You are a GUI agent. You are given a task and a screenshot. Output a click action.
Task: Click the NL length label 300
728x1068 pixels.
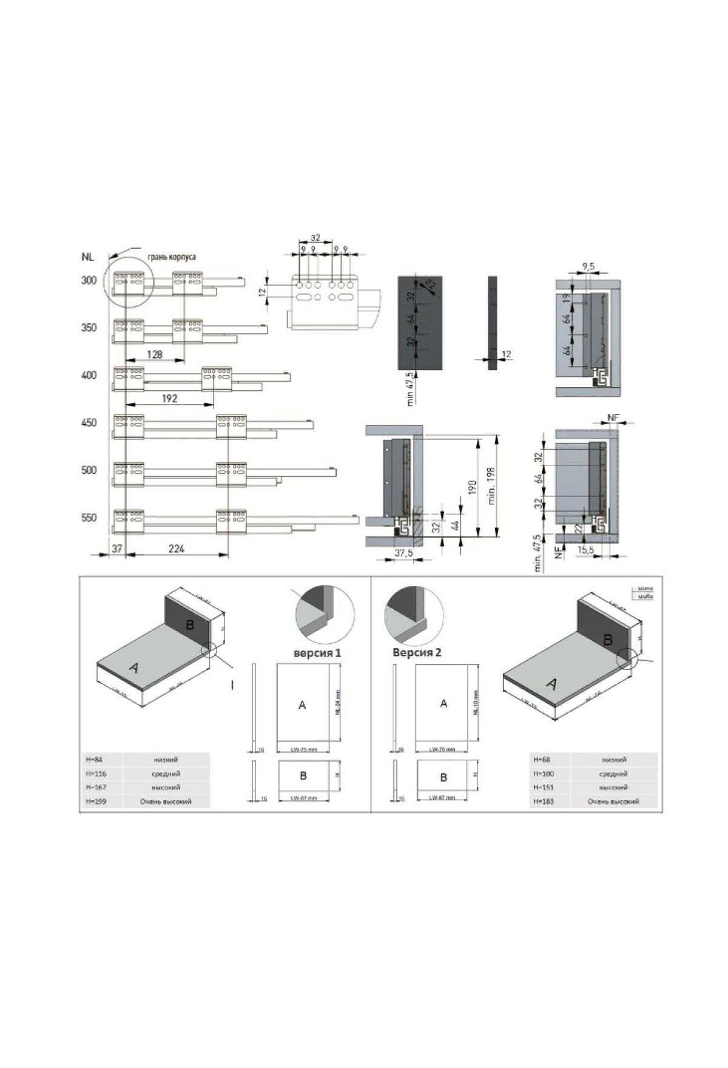(x=89, y=280)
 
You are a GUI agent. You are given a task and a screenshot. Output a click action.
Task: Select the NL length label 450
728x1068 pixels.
(x=89, y=423)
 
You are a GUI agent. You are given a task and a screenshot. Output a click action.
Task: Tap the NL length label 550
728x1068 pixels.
(x=89, y=518)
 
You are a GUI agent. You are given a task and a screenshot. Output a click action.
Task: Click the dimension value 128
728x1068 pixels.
(x=155, y=354)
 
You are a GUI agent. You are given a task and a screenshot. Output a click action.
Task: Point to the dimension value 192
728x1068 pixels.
(x=169, y=398)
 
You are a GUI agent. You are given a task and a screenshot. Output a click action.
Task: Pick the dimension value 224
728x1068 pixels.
(x=176, y=549)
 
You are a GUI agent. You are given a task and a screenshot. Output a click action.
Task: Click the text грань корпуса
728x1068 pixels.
(x=172, y=257)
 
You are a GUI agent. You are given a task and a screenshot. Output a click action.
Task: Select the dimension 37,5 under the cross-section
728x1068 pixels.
(x=403, y=553)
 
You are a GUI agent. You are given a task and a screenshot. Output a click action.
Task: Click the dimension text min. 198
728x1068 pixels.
(x=491, y=485)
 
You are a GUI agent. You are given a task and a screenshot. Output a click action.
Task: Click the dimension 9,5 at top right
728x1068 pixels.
(x=587, y=266)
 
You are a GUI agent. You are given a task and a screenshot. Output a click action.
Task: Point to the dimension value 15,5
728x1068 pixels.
(x=585, y=550)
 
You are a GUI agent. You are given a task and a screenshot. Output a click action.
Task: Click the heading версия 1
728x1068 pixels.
(x=317, y=653)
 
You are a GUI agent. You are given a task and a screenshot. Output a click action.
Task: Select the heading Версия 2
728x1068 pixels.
(x=417, y=653)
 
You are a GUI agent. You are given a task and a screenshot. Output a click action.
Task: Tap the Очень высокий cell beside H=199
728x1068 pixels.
(x=166, y=802)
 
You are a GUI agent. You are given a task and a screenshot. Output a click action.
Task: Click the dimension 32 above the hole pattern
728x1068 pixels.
(x=314, y=238)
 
